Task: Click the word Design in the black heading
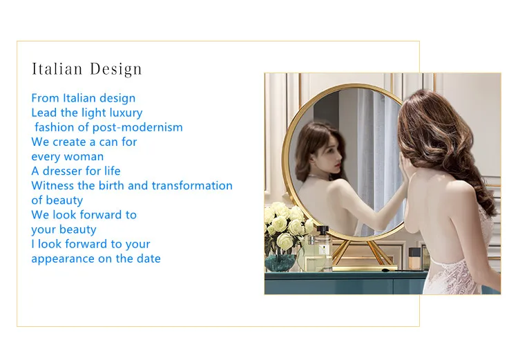pos(115,69)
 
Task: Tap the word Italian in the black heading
pos(57,68)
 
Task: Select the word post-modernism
pos(137,128)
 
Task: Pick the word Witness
pos(52,185)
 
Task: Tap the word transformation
pos(192,185)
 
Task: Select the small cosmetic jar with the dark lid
pos(414,258)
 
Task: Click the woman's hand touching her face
pos(403,169)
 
